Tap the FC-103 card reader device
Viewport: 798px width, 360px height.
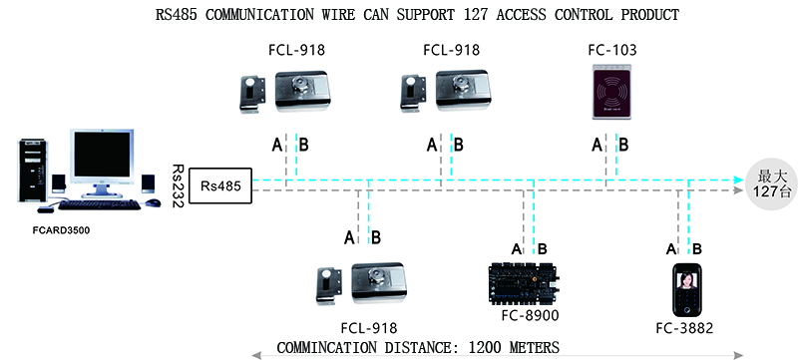pos(610,95)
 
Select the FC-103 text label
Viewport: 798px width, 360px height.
pos(612,50)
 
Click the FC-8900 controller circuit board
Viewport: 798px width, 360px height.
pos(521,283)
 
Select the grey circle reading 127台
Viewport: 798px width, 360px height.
pos(765,183)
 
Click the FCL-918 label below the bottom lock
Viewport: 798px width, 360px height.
pos(368,328)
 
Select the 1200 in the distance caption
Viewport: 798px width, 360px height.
pos(484,347)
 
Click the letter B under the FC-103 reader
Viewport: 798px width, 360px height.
pos(622,146)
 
